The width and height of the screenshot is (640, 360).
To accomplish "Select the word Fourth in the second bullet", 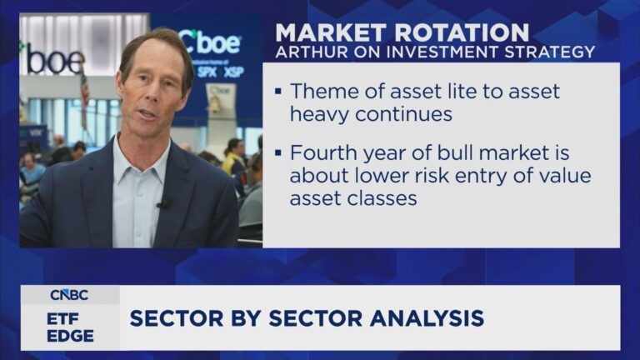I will [x=323, y=156].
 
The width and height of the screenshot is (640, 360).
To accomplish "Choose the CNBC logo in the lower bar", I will [x=70, y=294].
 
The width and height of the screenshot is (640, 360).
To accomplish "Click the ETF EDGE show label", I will [x=70, y=326].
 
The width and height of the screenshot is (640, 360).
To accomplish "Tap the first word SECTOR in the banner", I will [x=172, y=317].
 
